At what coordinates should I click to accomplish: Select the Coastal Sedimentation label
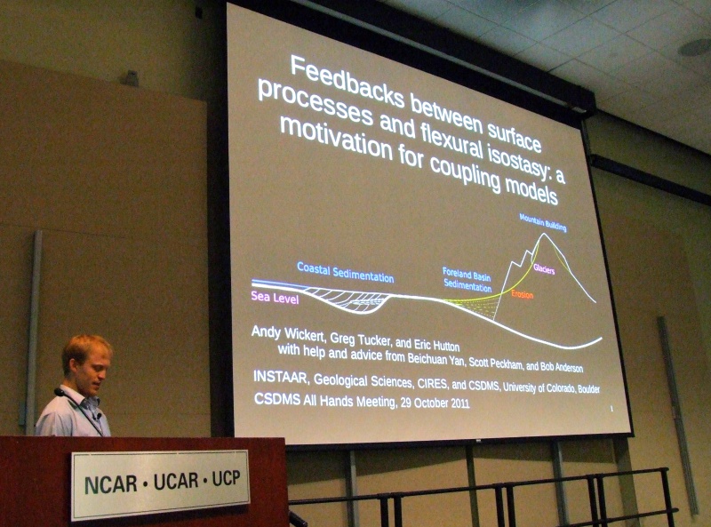[x=345, y=271]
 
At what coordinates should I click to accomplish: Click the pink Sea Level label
[x=275, y=298]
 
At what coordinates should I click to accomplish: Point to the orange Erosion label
[x=522, y=294]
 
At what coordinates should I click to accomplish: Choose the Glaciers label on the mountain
[x=544, y=269]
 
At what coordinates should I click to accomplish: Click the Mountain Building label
[x=543, y=222]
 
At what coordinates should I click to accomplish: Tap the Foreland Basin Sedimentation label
[x=467, y=279]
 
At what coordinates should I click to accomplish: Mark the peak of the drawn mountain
[x=542, y=234]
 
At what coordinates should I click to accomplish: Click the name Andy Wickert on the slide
[x=287, y=333]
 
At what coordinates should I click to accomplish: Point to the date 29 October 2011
[x=435, y=403]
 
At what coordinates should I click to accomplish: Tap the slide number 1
[x=611, y=409]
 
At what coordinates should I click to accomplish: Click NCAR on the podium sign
[x=110, y=484]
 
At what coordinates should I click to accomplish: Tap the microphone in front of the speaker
[x=60, y=392]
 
